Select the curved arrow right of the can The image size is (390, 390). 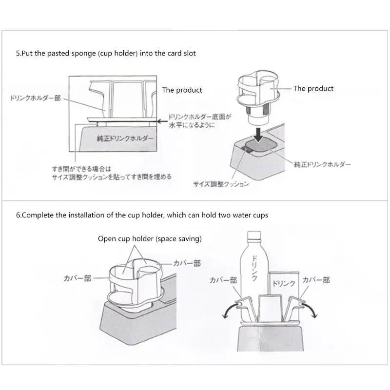311,310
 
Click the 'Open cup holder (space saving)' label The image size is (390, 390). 150,239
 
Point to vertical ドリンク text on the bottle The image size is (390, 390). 254,268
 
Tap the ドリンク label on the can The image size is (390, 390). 284,283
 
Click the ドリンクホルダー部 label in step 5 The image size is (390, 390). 35,98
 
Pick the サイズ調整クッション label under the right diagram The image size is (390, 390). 221,184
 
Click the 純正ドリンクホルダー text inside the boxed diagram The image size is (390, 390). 125,138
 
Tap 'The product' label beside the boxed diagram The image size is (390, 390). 182,90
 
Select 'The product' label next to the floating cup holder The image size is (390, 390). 313,89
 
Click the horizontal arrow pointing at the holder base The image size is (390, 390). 162,121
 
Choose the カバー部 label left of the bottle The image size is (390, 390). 223,280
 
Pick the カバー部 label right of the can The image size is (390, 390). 316,280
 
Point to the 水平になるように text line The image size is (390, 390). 192,125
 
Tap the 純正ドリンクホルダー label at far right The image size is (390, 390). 322,164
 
